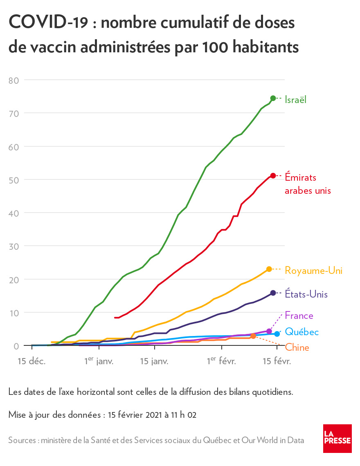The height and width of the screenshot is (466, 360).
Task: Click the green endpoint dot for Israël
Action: (x=273, y=98)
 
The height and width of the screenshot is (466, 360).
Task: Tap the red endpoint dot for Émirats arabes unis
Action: (x=273, y=176)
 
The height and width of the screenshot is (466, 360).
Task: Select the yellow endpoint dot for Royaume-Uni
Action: (x=269, y=269)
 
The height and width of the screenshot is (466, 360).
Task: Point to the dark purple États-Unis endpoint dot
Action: (x=273, y=293)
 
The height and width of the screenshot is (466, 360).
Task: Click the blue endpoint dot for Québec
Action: (x=277, y=334)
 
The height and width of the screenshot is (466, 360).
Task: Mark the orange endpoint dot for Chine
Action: (x=253, y=336)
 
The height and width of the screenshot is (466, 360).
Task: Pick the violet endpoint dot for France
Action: (x=269, y=331)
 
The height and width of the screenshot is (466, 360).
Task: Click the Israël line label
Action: (x=295, y=99)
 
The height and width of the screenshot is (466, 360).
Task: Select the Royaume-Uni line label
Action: (x=313, y=271)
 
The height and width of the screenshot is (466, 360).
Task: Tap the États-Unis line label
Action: (x=306, y=294)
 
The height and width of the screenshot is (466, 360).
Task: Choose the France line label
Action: (x=299, y=316)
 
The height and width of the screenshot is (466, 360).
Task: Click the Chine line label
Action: (x=297, y=348)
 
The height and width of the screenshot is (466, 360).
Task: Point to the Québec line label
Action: (x=301, y=332)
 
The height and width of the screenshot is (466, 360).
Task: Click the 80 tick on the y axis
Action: (x=14, y=80)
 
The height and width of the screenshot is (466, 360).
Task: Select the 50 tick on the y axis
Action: (x=14, y=180)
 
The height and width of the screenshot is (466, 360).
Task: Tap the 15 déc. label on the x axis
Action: (x=32, y=361)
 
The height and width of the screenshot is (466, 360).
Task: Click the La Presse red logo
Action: (x=337, y=438)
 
